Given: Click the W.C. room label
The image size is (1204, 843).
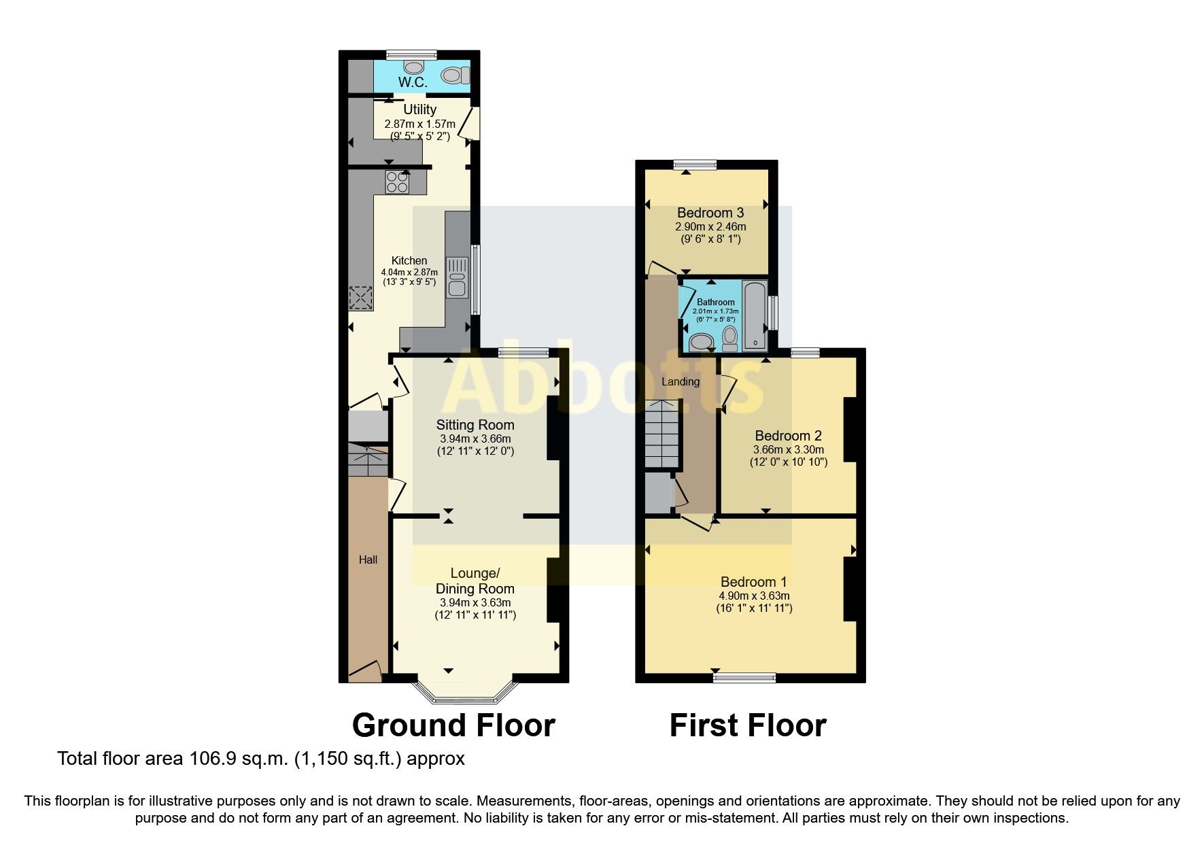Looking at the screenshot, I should click(x=413, y=82).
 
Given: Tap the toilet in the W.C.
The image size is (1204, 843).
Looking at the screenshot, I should click(x=454, y=74).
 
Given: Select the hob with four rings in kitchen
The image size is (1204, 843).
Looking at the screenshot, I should click(x=398, y=182).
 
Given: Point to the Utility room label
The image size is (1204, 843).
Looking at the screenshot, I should click(x=419, y=109).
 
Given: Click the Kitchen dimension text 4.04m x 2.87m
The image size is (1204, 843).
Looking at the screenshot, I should click(x=409, y=272).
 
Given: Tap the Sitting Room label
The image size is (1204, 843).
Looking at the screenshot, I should click(x=475, y=425).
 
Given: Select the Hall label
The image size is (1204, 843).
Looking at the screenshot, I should click(x=368, y=560).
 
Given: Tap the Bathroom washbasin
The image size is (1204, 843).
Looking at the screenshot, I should click(x=700, y=342).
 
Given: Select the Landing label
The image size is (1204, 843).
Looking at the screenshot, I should click(x=680, y=381).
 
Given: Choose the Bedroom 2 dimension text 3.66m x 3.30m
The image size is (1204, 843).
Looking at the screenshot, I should click(x=788, y=449).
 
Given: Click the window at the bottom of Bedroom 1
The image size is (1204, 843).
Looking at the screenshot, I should click(x=744, y=677).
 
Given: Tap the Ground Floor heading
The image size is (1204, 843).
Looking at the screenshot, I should click(x=453, y=725).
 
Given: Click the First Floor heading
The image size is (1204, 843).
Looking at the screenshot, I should click(x=747, y=725).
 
